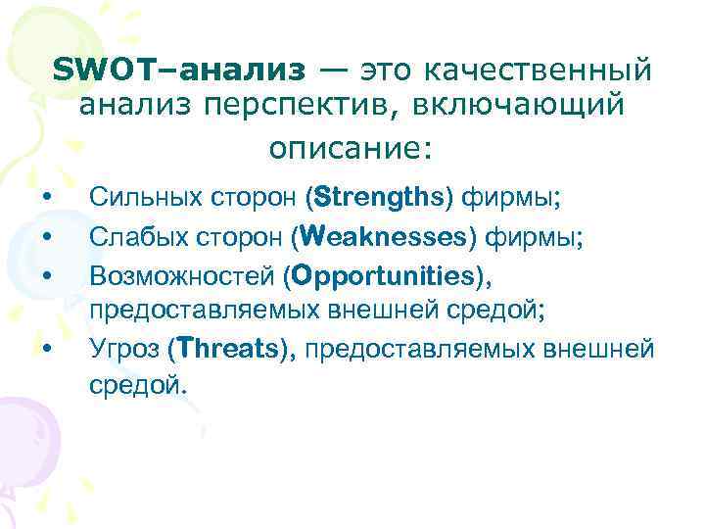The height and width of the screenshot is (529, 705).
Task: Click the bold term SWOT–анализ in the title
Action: point(180,70)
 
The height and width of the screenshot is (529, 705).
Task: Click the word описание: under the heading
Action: point(350,148)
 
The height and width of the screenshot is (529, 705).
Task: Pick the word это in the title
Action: point(389,70)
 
